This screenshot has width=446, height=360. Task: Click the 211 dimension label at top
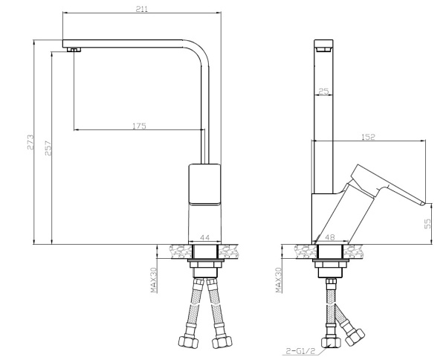141,8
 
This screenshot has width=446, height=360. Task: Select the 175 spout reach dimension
138,126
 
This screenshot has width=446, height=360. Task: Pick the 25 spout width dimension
323,91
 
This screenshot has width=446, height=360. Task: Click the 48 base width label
330,237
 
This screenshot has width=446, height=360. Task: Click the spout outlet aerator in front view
73,50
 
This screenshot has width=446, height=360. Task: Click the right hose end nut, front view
222,342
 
